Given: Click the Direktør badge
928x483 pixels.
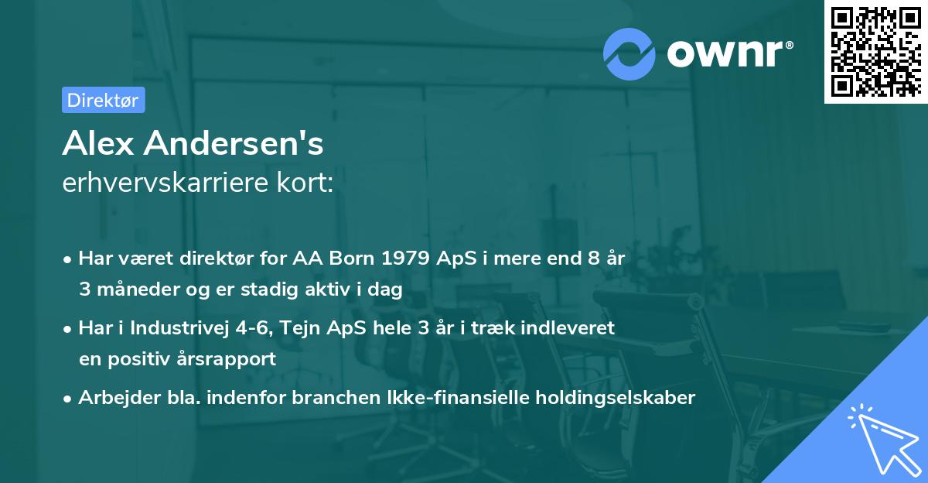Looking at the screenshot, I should (103, 100).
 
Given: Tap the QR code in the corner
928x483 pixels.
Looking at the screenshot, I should (875, 51).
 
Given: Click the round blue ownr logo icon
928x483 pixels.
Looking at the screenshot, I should (629, 53).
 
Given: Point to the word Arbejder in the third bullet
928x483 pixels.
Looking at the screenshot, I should (109, 398).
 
